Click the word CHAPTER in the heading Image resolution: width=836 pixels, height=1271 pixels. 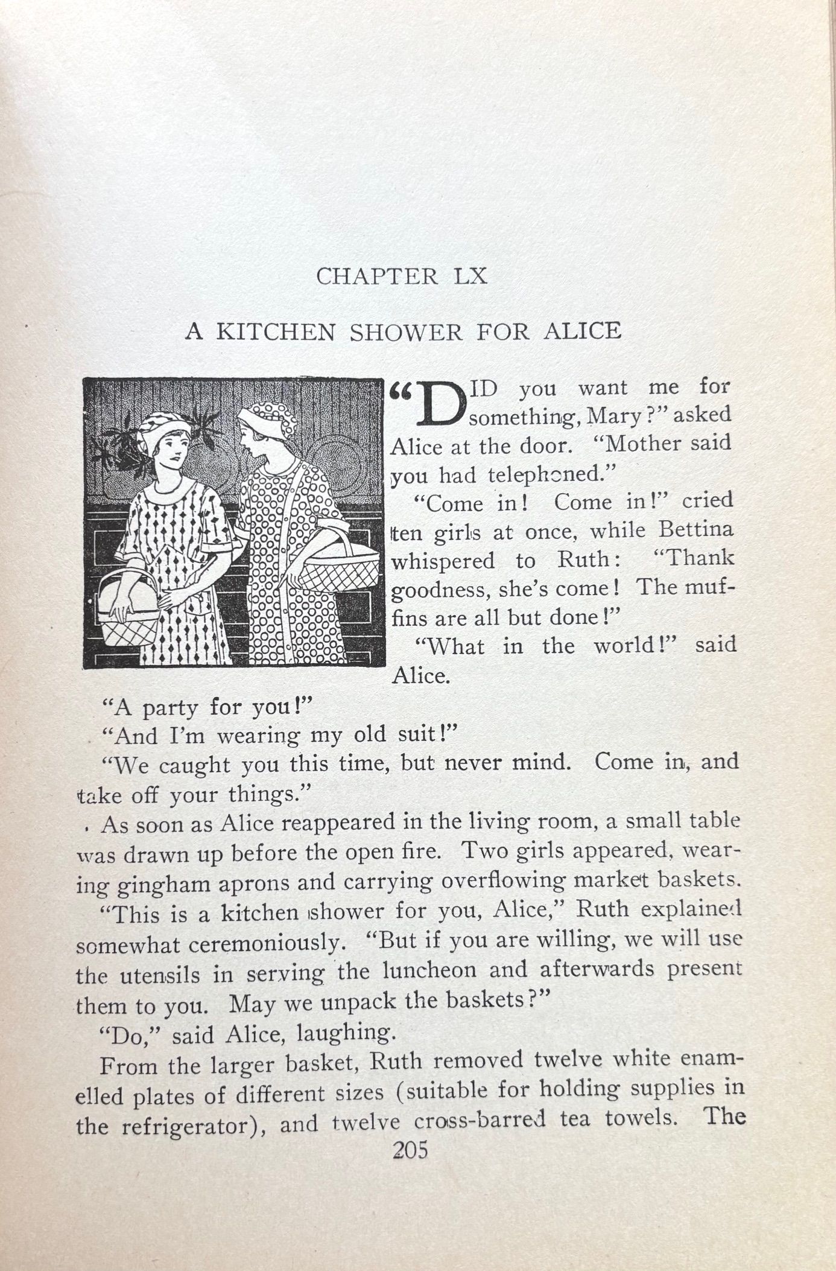(x=377, y=277)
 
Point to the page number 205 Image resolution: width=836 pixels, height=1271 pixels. (x=410, y=1150)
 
